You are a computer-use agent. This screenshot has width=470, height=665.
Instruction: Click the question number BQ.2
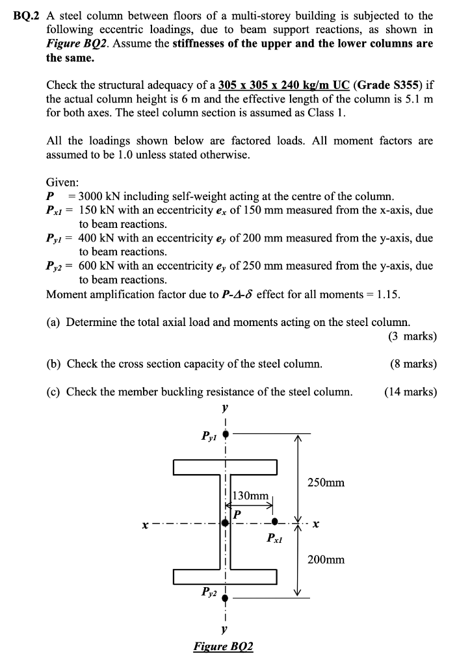point(26,15)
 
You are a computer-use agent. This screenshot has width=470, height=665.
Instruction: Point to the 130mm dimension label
point(250,496)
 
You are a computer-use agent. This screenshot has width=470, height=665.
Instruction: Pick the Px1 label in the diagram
point(276,538)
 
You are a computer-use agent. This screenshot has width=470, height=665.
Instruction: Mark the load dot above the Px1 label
point(275,521)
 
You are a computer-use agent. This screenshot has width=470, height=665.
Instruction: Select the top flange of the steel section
point(225,466)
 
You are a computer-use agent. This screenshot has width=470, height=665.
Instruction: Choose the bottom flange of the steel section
point(225,576)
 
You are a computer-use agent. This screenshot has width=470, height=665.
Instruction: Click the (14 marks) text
point(410,392)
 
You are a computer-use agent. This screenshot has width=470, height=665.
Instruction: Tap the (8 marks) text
point(413,364)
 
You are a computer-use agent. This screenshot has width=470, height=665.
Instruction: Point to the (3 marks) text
point(412,336)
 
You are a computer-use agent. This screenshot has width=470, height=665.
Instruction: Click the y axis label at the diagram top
point(224,409)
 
